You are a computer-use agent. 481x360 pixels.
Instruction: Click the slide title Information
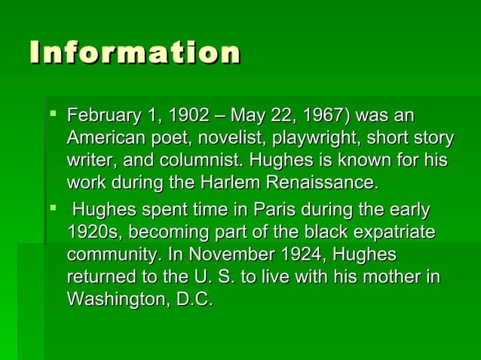click(135, 53)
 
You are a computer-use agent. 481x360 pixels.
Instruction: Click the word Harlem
click(225, 182)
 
